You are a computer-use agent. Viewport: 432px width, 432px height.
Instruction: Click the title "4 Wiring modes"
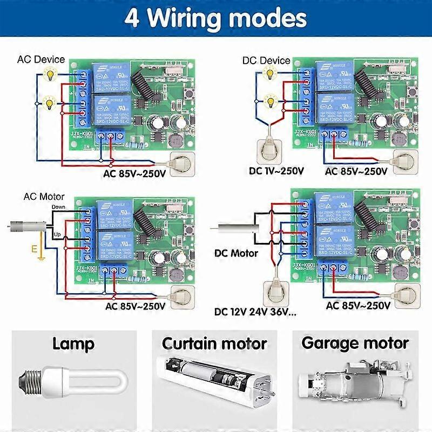(215, 17)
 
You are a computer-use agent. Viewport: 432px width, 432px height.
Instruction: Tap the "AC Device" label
(41, 59)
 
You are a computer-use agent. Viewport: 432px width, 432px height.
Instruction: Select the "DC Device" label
(267, 60)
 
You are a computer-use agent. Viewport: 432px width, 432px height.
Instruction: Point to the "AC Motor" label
(44, 197)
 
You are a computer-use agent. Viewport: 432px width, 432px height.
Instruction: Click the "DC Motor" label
(236, 253)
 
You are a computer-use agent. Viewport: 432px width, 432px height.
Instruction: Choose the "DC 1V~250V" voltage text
(275, 171)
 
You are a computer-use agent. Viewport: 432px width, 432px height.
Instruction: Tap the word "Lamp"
(73, 343)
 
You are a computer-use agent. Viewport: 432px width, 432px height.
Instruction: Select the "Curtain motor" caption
(214, 343)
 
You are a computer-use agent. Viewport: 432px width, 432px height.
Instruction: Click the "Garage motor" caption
(355, 343)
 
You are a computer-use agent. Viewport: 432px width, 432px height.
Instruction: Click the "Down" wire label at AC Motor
(58, 207)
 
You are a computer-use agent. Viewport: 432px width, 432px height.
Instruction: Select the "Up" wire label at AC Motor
(57, 234)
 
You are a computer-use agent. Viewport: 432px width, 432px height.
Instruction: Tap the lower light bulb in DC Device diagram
(268, 99)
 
